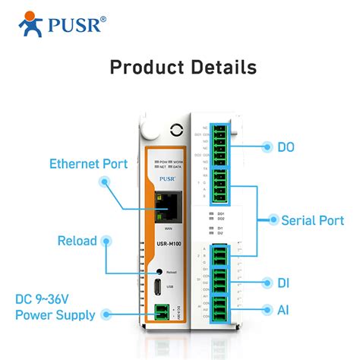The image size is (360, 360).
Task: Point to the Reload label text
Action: tap(77, 241)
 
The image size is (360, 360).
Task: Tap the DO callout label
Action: tap(286, 147)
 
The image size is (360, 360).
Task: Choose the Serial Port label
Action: tap(314, 219)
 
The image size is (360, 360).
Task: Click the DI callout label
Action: tap(284, 283)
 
